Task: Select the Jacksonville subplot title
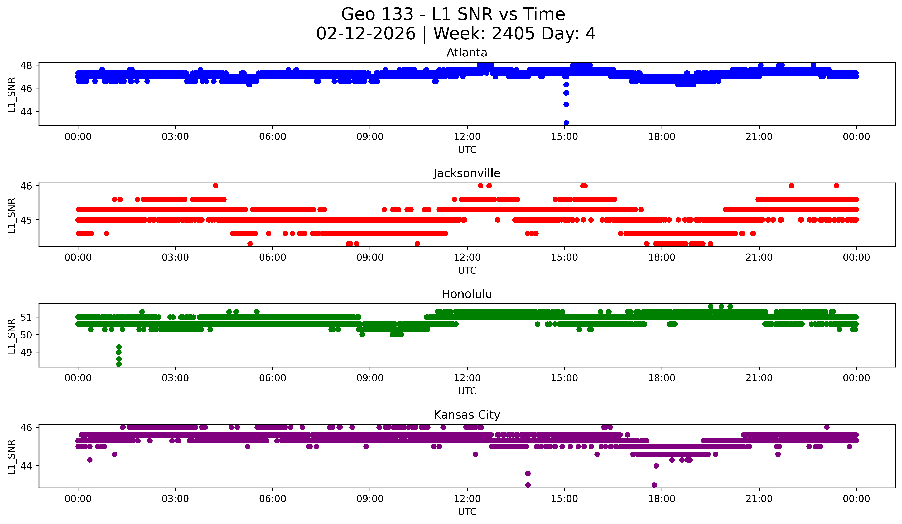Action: [467, 173]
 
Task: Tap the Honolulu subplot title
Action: [467, 294]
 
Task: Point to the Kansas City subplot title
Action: [467, 415]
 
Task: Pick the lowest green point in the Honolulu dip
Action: [119, 364]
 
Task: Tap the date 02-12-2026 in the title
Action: [366, 34]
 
